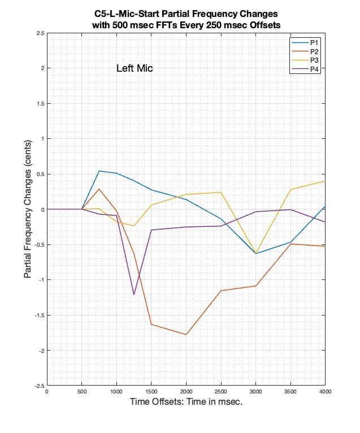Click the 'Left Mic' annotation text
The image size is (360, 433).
point(135,68)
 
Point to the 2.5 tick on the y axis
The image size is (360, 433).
point(40,33)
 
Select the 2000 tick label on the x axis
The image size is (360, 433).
point(186,391)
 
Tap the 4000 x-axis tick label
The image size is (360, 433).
point(324,391)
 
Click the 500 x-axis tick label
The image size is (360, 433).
point(81,391)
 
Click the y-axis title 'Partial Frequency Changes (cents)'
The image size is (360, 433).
point(28,209)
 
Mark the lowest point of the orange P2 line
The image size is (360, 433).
point(186,335)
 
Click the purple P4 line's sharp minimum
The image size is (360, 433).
point(134,295)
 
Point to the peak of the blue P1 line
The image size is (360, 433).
point(99,171)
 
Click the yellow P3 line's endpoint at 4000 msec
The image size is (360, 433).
point(325,181)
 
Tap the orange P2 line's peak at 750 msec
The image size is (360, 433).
point(99,189)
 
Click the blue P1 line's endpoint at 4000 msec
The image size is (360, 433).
point(325,206)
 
